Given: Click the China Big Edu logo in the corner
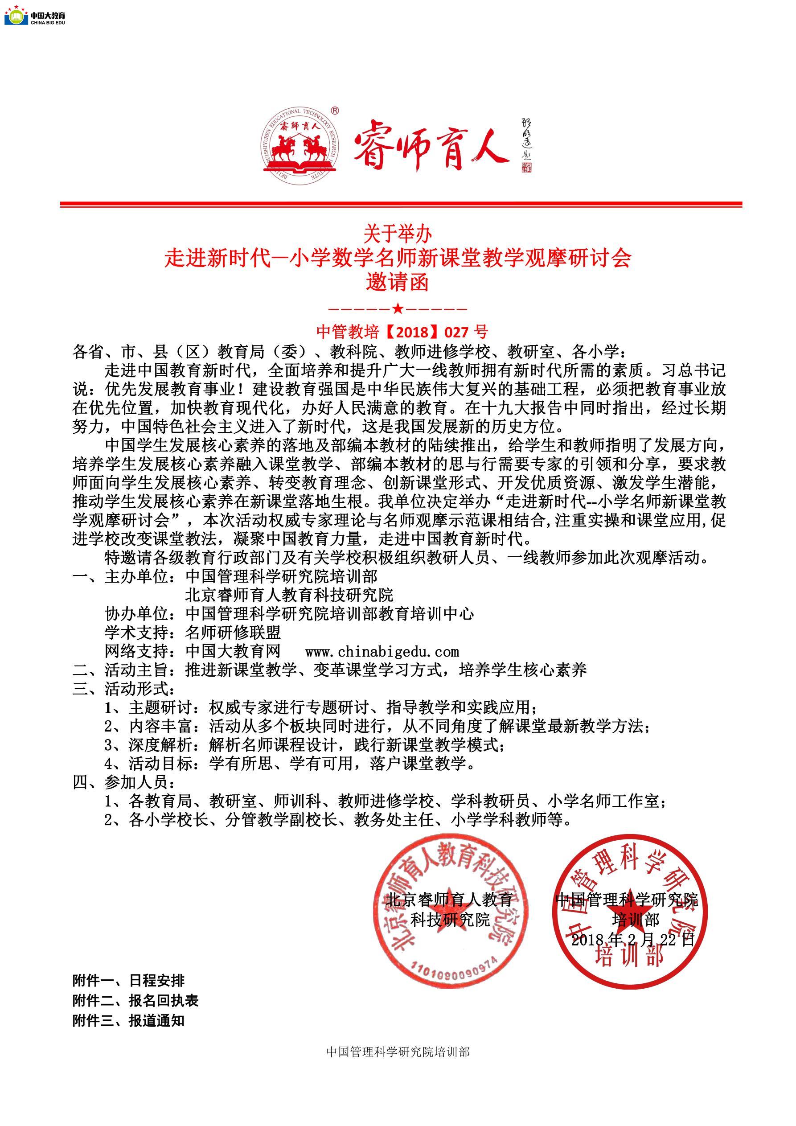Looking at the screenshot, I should [35, 16].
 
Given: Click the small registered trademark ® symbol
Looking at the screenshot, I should [335, 111].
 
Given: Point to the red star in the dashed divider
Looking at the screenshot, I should [398, 309].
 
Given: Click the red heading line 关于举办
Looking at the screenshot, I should [397, 234].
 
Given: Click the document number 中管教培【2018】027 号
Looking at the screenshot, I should [402, 332].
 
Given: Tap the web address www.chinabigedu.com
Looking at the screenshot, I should [382, 652].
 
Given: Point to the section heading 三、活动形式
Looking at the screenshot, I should [123, 689].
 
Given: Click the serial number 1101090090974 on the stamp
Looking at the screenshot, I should [454, 968].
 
